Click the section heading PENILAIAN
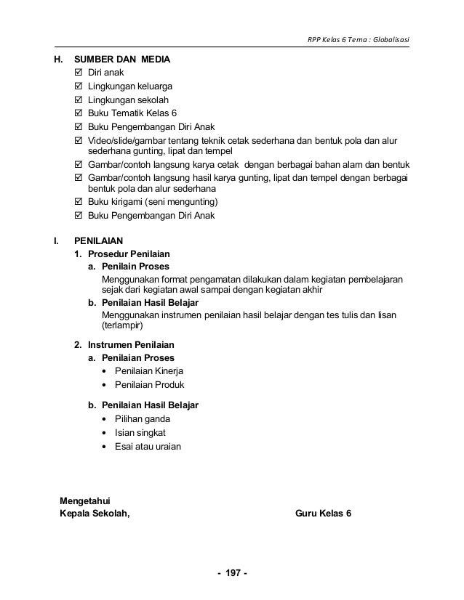99,240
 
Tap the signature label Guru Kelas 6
323,513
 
